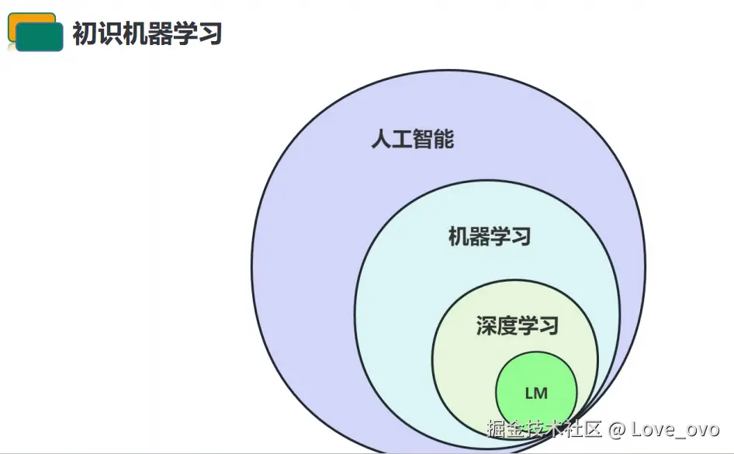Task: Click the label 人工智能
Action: [412, 140]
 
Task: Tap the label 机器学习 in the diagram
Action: [490, 236]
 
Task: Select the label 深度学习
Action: [517, 325]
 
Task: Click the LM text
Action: [536, 393]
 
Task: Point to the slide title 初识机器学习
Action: [147, 34]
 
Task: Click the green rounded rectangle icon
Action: [39, 37]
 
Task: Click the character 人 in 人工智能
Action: [381, 140]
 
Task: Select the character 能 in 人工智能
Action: [444, 140]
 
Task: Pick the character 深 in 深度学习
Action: [486, 325]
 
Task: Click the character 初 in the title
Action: [85, 34]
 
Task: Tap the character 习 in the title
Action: [210, 34]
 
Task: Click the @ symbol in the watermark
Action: [617, 429]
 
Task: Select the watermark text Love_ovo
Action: [675, 429]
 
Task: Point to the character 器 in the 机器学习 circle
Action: [480, 236]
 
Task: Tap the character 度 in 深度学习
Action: [507, 325]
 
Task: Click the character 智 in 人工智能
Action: [423, 140]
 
